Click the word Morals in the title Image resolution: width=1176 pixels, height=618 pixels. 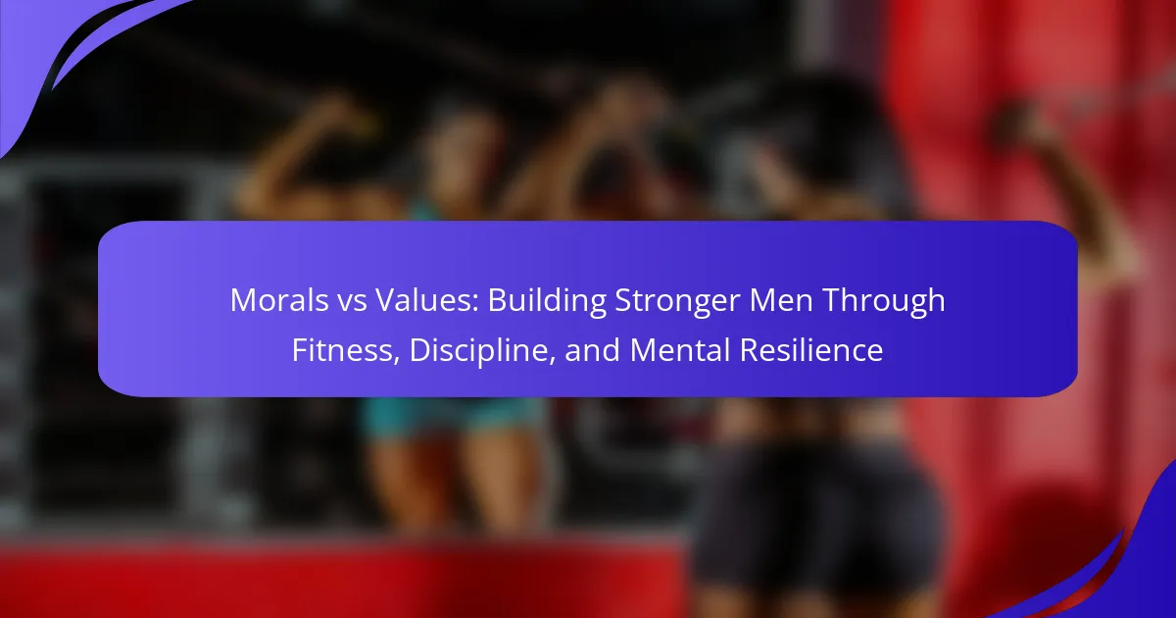tap(279, 300)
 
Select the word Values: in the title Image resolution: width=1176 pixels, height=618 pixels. tap(427, 300)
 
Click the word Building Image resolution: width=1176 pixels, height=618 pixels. tap(547, 302)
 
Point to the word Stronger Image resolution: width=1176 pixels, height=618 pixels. tap(677, 302)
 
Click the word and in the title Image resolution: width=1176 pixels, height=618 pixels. tap(592, 350)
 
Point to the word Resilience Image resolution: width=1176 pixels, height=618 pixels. tap(811, 349)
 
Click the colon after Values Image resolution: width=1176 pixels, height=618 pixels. tap(475, 304)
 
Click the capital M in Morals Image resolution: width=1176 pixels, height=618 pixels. tap(242, 300)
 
